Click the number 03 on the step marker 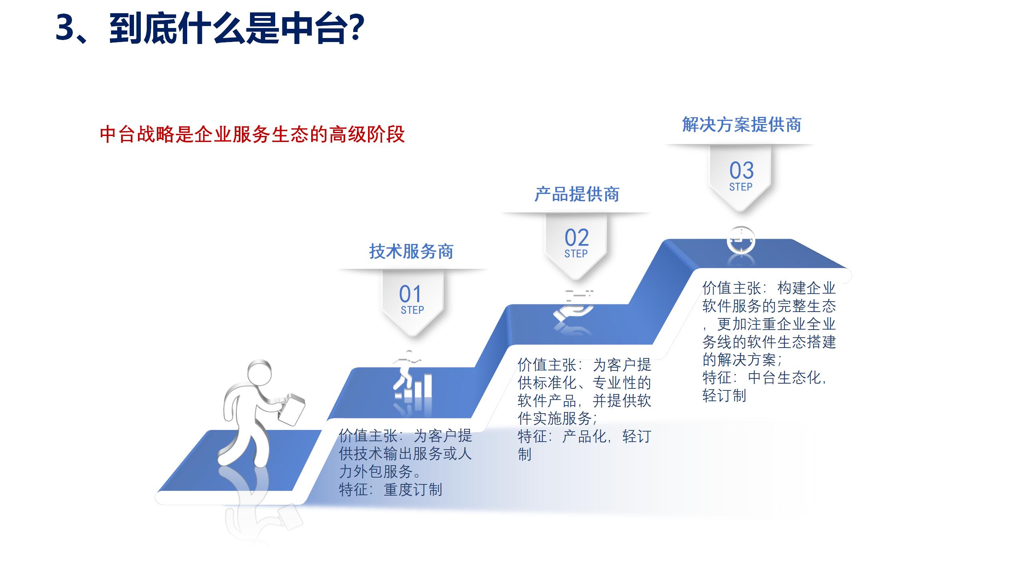741,170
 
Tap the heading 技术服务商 411,252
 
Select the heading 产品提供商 577,194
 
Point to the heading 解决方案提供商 742,125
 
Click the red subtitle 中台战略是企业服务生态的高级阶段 252,134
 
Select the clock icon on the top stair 741,240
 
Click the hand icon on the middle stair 573,310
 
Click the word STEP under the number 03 741,187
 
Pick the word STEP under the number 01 412,310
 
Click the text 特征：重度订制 390,490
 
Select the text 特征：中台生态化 764,378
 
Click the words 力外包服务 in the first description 376,472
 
